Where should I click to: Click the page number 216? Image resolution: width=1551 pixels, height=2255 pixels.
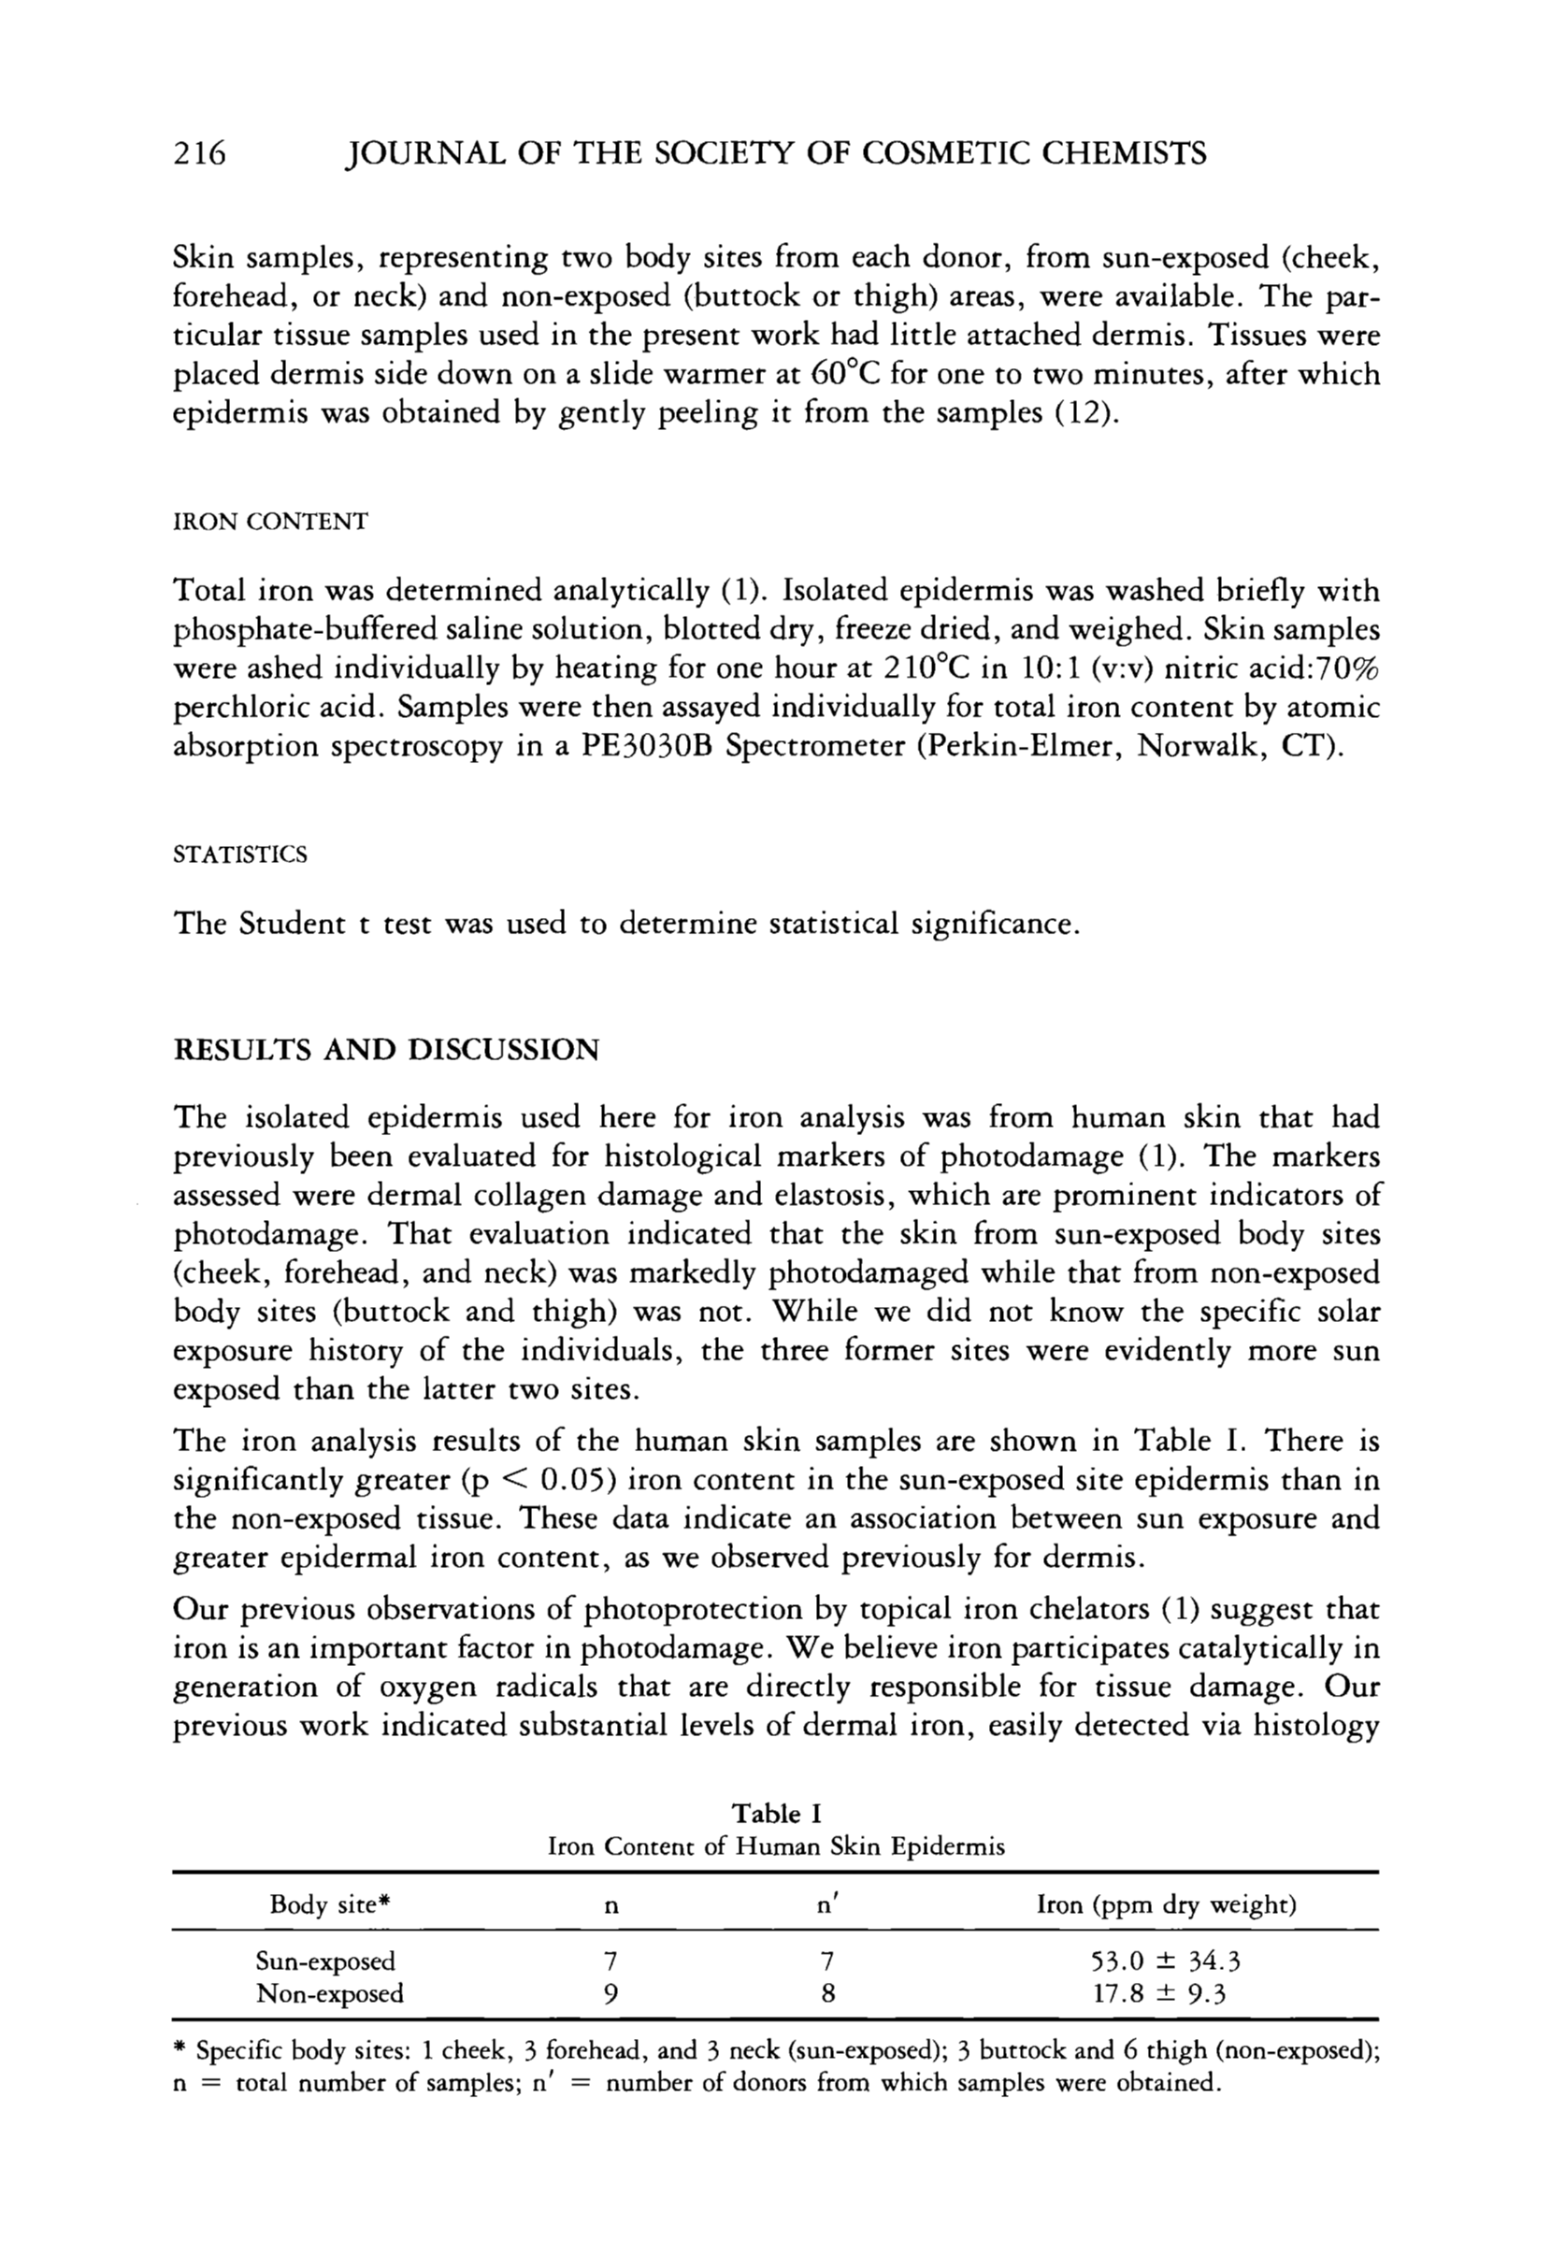click(198, 153)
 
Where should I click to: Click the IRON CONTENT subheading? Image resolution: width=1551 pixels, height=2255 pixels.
click(270, 523)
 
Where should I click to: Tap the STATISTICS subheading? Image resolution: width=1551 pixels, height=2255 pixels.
click(239, 855)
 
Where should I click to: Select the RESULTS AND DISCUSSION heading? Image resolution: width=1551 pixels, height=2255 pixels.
click(386, 1050)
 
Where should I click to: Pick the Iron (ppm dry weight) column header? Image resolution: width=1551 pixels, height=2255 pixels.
click(1166, 1904)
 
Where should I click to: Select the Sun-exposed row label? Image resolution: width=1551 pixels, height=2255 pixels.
click(324, 1961)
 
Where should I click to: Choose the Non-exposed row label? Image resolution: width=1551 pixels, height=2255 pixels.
click(329, 1993)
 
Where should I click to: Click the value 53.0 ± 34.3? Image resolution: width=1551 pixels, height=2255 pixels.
click(1166, 1961)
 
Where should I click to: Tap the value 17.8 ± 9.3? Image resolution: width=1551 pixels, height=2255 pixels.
click(1159, 1993)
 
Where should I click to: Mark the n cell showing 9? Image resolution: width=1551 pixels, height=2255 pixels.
click(610, 1993)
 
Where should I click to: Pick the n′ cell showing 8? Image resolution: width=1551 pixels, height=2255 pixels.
click(827, 1993)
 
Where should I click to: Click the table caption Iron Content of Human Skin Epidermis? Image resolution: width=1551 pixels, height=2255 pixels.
click(777, 1846)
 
